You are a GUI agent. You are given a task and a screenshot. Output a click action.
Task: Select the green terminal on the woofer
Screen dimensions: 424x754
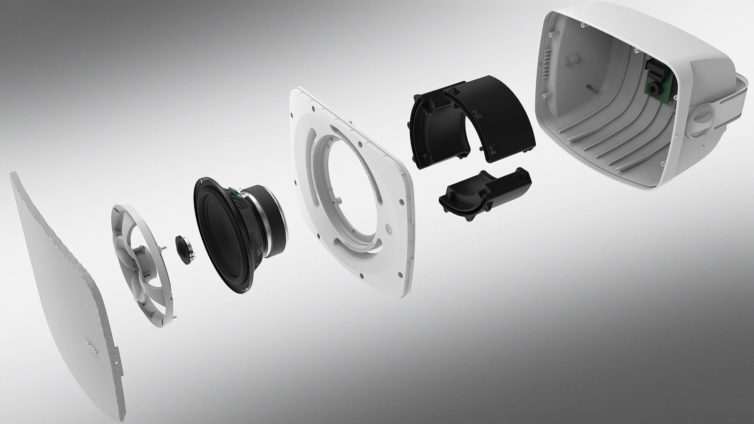234,192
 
